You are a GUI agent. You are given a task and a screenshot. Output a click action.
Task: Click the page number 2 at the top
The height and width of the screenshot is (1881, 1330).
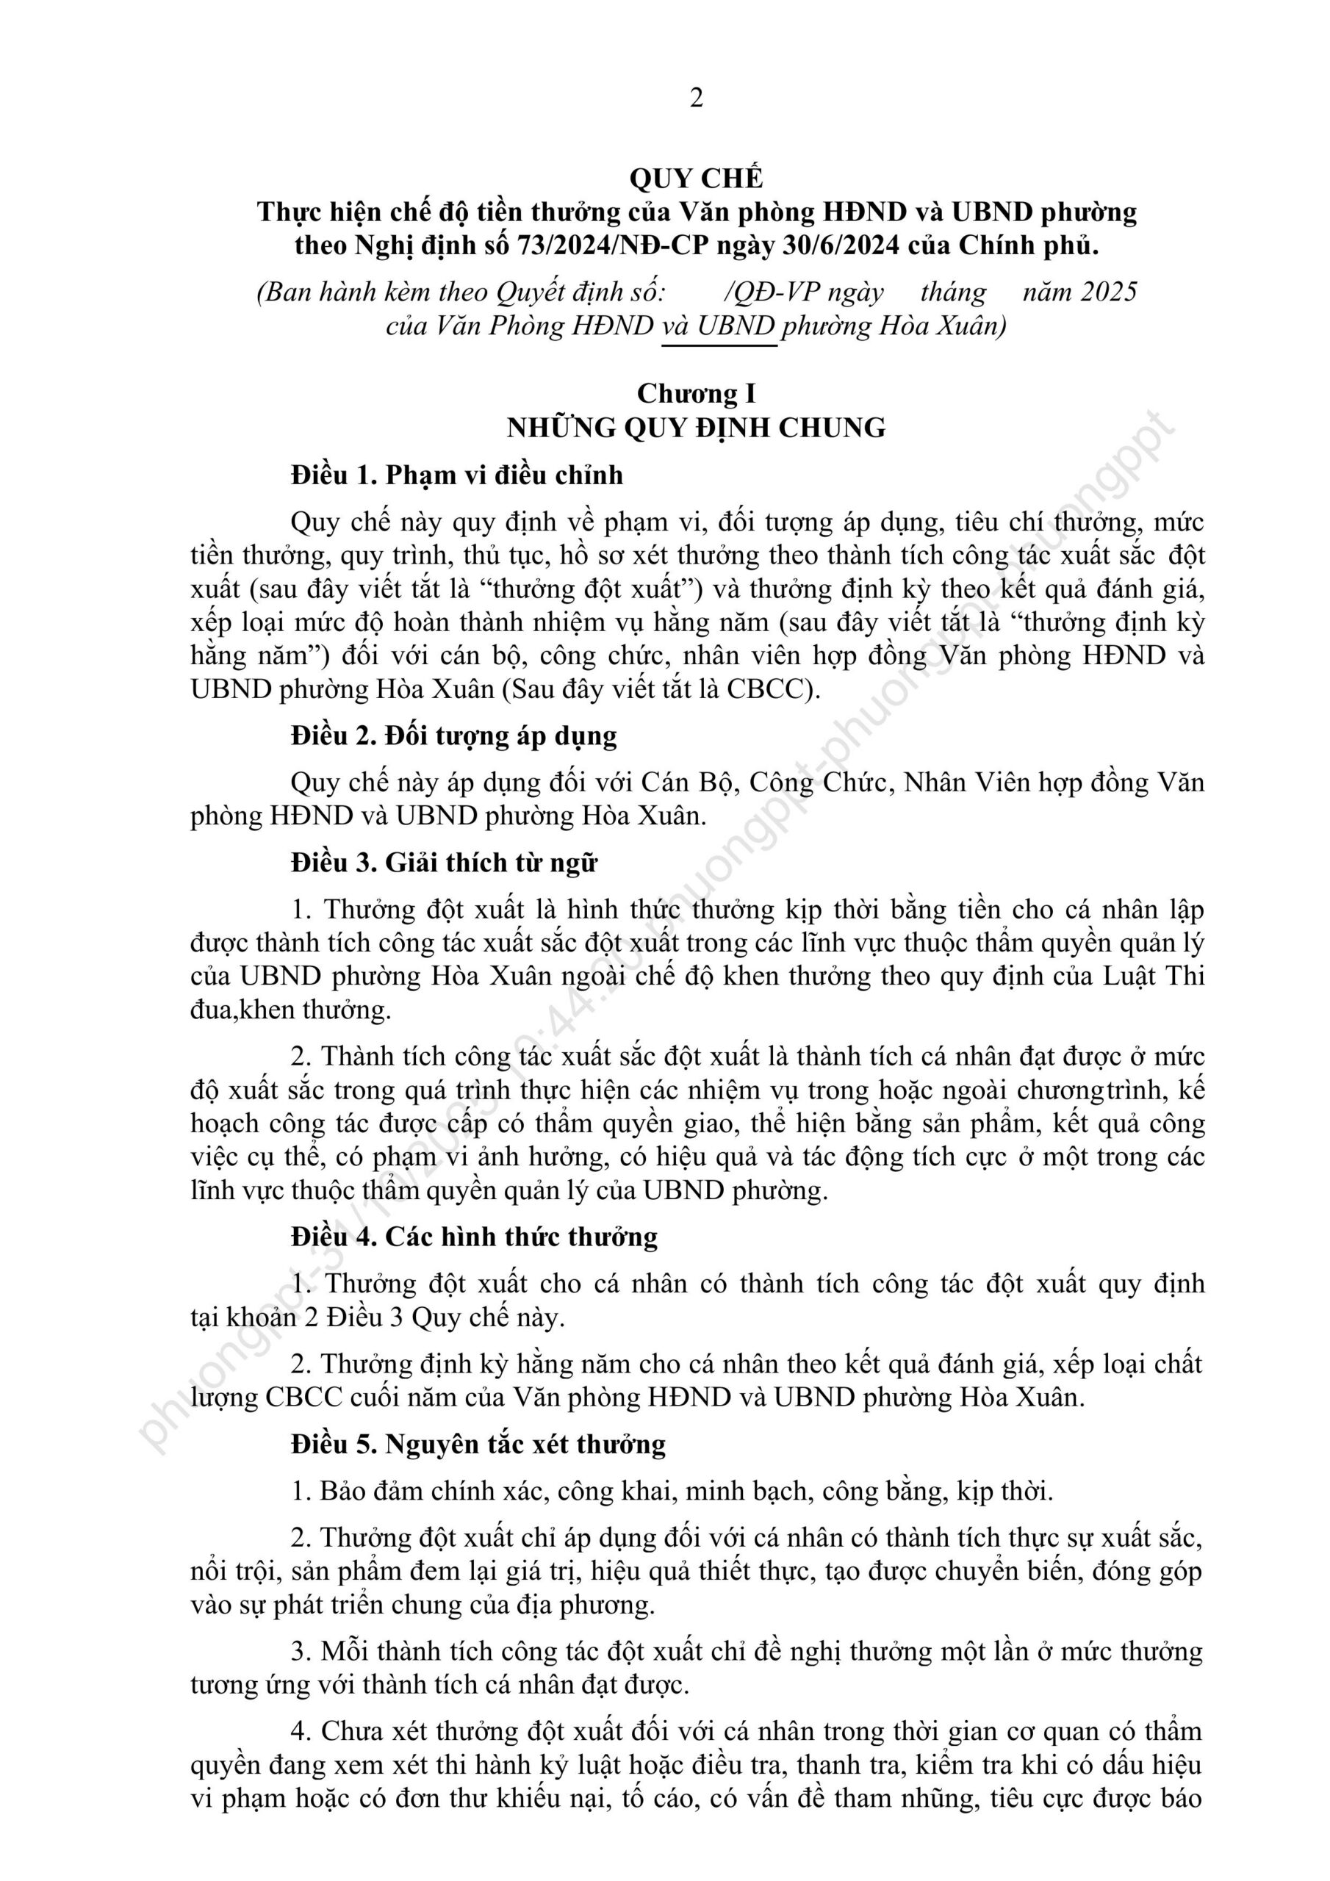click(x=696, y=98)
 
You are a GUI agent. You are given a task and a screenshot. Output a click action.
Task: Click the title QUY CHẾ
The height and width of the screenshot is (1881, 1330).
click(x=696, y=179)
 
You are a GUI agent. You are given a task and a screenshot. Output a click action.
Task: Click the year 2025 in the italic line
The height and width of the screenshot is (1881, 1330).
click(x=1108, y=292)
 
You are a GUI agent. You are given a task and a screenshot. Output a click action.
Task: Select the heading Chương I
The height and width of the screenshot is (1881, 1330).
click(x=696, y=394)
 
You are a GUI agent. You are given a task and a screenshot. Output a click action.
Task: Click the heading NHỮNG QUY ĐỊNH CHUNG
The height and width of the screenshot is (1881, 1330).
click(x=696, y=428)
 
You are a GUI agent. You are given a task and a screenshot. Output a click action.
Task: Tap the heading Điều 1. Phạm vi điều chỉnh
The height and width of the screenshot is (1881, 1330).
click(x=456, y=475)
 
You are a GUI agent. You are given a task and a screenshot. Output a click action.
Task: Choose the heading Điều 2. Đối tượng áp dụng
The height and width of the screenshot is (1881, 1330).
click(x=453, y=736)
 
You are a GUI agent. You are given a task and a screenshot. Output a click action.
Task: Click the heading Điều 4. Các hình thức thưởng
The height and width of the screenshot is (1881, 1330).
click(x=474, y=1237)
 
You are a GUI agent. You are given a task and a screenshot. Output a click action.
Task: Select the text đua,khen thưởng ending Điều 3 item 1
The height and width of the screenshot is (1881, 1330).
click(x=290, y=1010)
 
